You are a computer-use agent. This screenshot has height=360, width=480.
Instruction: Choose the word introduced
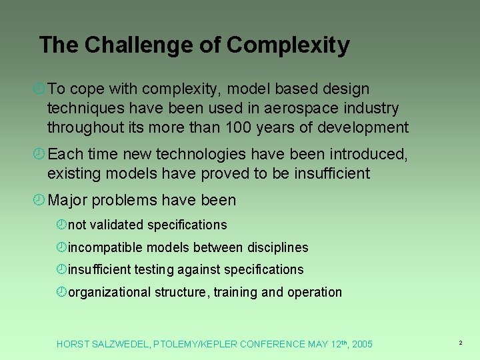click(x=367, y=155)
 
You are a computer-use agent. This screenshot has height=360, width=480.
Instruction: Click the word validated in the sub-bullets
click(x=117, y=225)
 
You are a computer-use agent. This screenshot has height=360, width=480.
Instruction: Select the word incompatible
click(x=105, y=247)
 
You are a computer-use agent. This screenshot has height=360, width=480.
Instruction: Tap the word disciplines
click(x=278, y=247)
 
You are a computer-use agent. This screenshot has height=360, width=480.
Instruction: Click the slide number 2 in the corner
click(x=460, y=343)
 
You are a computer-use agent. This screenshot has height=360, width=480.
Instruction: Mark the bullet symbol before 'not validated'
click(x=61, y=225)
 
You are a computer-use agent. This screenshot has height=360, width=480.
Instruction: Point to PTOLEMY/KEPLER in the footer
click(x=195, y=344)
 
